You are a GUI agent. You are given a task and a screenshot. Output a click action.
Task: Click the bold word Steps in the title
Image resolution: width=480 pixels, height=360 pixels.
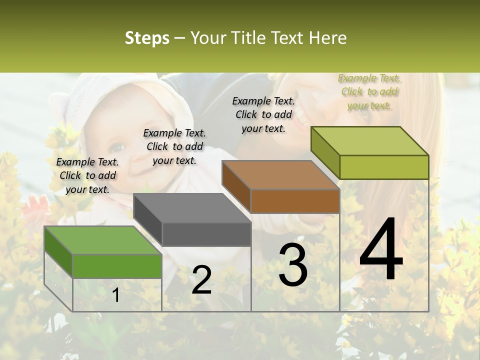(147, 38)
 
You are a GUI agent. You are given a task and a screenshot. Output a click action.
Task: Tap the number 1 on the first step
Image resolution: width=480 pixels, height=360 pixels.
(116, 295)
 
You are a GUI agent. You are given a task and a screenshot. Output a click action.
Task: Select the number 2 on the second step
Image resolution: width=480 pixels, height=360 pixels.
(201, 280)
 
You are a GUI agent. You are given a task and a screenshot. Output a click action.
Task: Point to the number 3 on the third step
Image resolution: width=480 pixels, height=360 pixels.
(293, 265)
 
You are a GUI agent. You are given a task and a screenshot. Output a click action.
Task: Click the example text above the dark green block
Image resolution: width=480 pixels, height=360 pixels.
(87, 175)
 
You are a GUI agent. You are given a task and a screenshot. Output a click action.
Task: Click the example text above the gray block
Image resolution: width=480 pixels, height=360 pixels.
(174, 146)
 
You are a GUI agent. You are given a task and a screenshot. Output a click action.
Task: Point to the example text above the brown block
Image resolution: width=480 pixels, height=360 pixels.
(263, 114)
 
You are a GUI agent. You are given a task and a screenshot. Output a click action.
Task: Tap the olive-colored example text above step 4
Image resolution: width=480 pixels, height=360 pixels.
(369, 91)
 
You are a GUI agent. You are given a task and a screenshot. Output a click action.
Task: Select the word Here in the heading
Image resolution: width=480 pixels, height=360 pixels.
(328, 38)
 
